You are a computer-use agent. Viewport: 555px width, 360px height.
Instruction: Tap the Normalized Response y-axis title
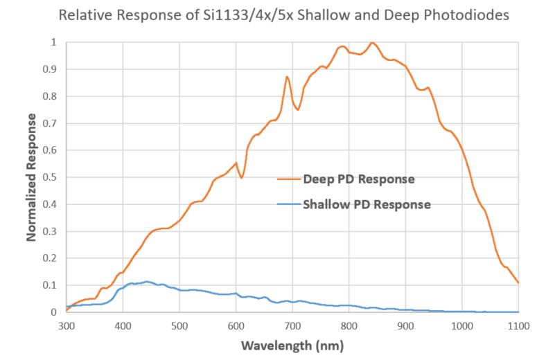(x=32, y=177)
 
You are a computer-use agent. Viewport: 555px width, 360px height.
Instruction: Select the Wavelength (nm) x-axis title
(x=292, y=344)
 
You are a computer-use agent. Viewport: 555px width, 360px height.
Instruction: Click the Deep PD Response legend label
(x=358, y=179)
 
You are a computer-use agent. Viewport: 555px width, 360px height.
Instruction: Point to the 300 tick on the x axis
(x=66, y=324)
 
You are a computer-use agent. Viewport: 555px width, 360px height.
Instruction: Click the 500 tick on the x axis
(x=179, y=324)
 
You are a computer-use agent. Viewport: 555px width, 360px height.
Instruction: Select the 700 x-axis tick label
(x=292, y=324)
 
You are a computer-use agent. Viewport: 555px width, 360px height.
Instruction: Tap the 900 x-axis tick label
(x=405, y=324)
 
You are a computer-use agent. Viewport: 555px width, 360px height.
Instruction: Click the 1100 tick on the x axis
(x=518, y=324)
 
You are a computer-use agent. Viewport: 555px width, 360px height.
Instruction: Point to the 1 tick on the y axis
(x=55, y=42)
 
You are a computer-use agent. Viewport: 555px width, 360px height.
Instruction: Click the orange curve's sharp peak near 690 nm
(x=287, y=77)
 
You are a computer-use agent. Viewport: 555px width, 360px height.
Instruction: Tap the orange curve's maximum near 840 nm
(x=373, y=43)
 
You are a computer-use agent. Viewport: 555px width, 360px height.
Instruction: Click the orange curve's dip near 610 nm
(x=241, y=178)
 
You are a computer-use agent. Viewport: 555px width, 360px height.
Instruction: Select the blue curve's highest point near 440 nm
(x=146, y=282)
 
